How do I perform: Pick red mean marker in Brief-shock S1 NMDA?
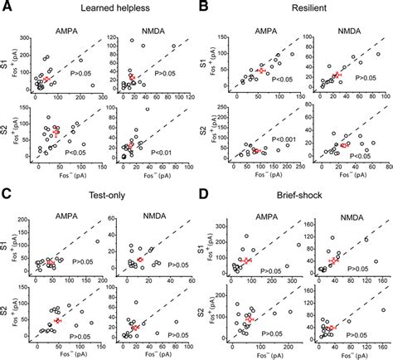point(334,260)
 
